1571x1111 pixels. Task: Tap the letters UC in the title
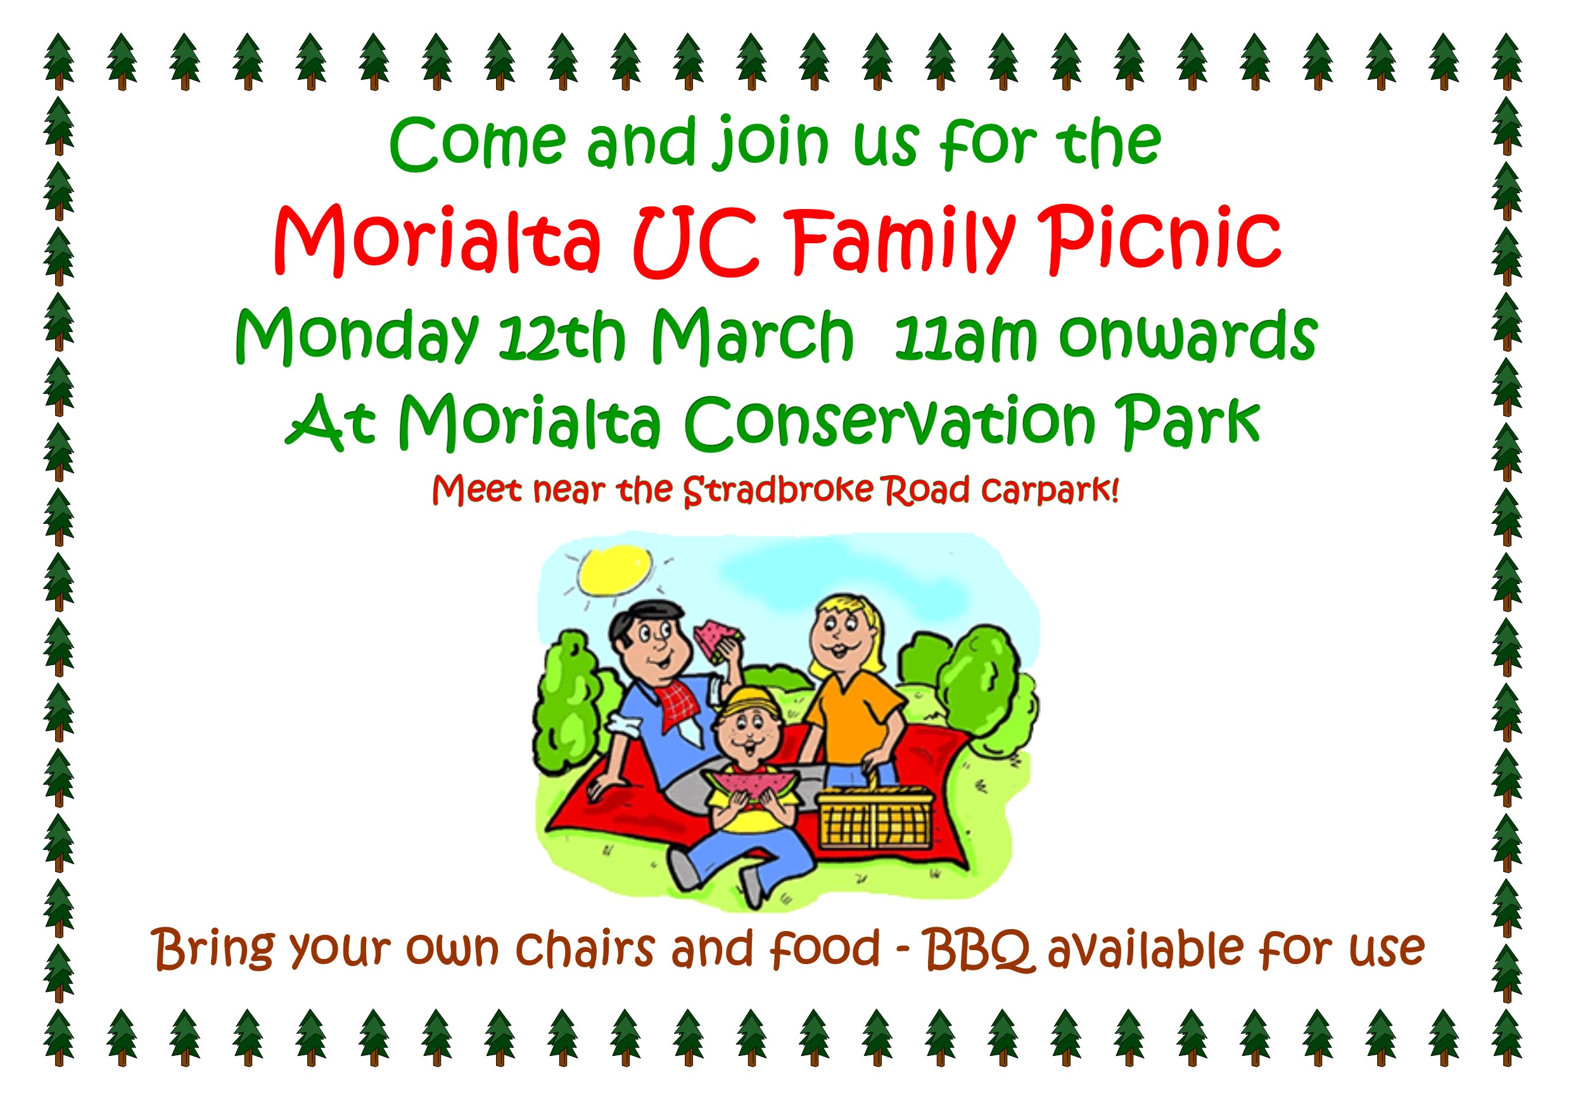[x=696, y=241]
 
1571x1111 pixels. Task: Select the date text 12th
[x=561, y=336]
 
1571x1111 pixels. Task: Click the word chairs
[x=585, y=948]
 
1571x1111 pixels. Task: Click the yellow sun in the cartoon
[x=614, y=569]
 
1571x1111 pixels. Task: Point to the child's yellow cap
[x=751, y=702]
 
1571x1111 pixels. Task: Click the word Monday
[x=357, y=336]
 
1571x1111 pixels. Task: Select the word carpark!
[x=1050, y=490]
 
